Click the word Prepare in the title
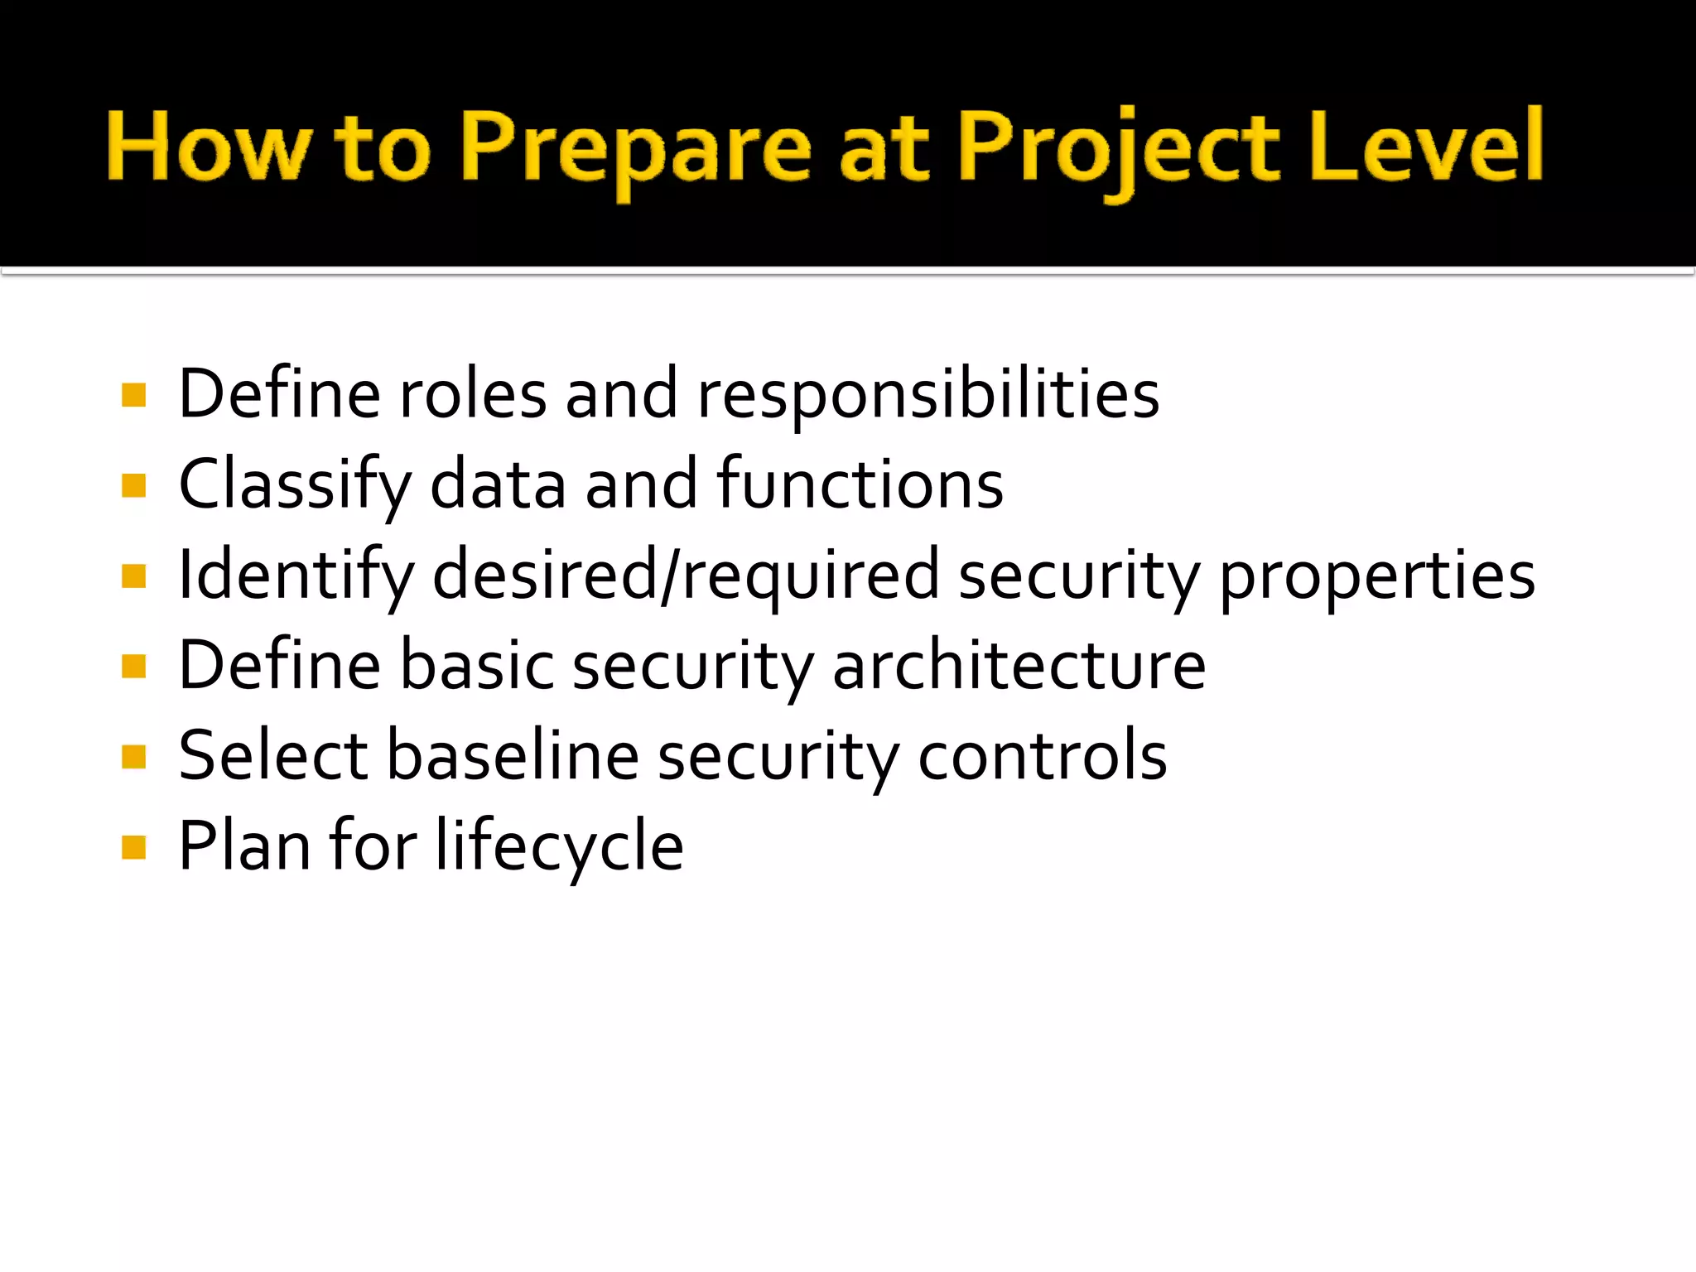(636, 149)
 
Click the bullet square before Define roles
(133, 395)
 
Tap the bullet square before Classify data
(133, 485)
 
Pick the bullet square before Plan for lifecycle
(133, 847)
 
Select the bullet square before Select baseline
(133, 757)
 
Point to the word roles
(473, 394)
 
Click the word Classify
(295, 485)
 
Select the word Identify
(296, 576)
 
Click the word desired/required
(687, 576)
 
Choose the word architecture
(1019, 665)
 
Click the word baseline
(513, 755)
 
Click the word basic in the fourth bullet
(478, 665)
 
